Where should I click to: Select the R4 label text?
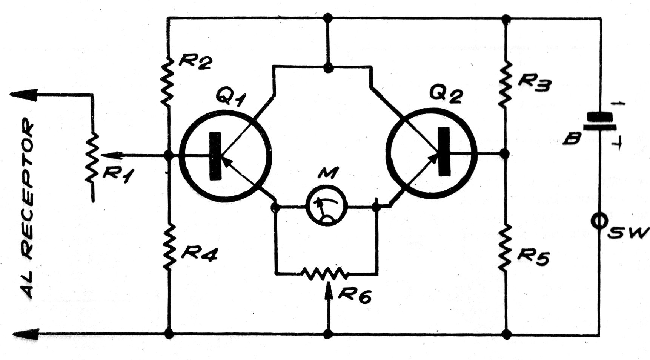pyautogui.click(x=199, y=254)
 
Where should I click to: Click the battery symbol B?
pyautogui.click(x=599, y=121)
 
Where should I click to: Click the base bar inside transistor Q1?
pyautogui.click(x=215, y=156)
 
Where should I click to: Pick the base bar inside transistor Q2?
pyautogui.click(x=445, y=151)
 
